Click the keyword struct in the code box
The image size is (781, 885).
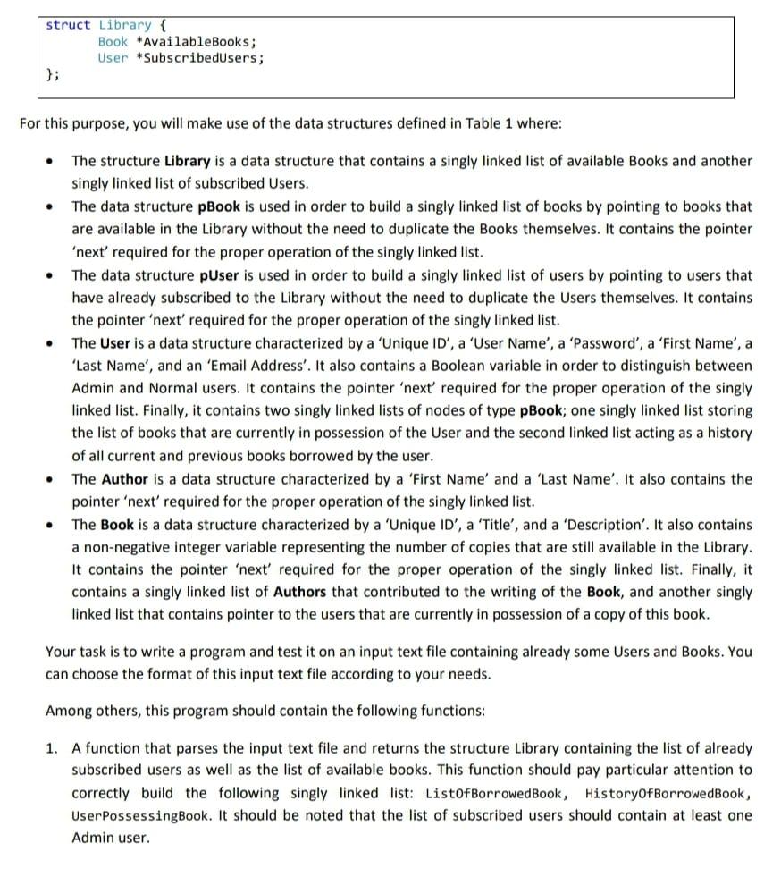(x=68, y=24)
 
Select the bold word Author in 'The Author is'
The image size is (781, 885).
(x=125, y=479)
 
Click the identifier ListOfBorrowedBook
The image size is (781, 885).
(x=496, y=794)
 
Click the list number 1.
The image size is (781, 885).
(x=52, y=748)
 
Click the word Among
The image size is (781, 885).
(x=69, y=712)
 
